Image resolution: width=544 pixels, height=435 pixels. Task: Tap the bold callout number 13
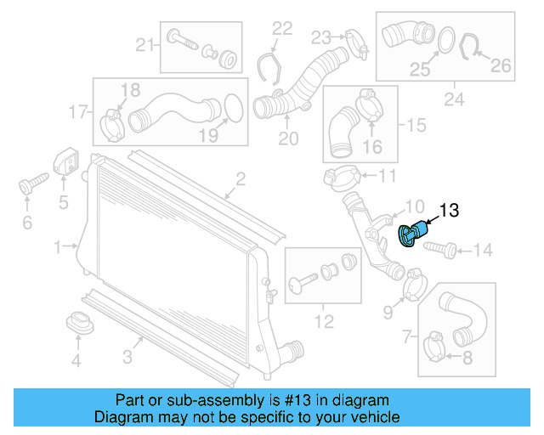coord(448,211)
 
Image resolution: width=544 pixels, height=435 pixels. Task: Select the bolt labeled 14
coord(440,249)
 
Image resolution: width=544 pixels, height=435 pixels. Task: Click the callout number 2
coord(241,178)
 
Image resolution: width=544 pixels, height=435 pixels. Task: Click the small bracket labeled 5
coord(65,164)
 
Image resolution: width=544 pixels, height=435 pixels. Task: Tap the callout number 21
coord(144,45)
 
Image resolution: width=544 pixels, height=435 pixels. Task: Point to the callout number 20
coord(288,138)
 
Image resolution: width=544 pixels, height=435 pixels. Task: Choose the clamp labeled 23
coord(355,40)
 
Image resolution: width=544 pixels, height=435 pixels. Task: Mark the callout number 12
coord(323,323)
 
